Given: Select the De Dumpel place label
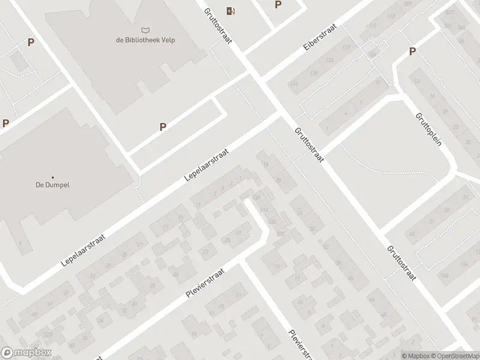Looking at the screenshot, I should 53,185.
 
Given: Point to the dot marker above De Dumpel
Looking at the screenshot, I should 53,177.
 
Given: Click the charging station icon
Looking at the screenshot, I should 230,10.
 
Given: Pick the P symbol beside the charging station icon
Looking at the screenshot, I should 278,5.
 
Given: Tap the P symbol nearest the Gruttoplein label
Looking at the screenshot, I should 412,52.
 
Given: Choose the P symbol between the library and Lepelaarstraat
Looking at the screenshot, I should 163,127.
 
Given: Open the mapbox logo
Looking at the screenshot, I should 26,353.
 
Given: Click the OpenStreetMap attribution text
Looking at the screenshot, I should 455,356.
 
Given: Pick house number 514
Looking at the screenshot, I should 264,209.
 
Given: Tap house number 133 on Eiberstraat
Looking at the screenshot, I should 329,61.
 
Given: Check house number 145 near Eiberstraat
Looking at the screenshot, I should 294,83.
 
